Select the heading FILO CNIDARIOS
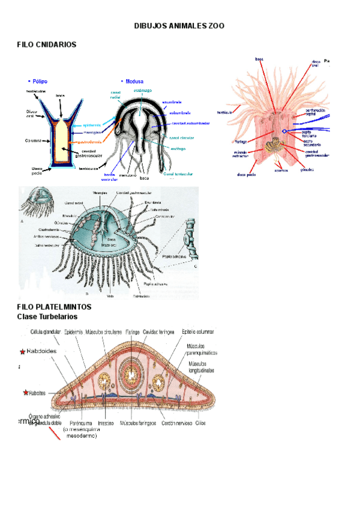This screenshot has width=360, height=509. (x=47, y=45)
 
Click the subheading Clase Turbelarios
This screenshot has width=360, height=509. (x=47, y=316)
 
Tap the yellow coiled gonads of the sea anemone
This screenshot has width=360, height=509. (x=277, y=147)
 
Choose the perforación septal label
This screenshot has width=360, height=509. (x=316, y=112)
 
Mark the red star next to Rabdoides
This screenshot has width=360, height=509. (x=23, y=351)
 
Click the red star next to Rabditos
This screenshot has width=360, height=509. (x=25, y=393)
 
